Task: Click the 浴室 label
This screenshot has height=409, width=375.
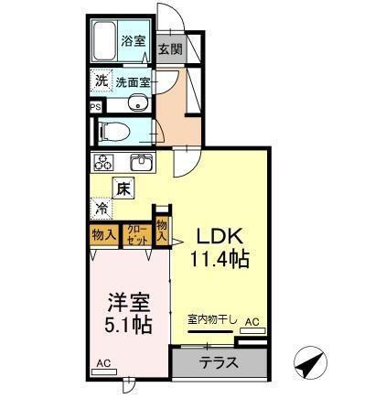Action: click(134, 40)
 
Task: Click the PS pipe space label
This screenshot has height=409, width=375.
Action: click(96, 107)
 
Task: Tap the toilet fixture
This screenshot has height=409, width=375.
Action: click(107, 129)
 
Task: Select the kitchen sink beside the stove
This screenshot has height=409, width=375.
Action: click(142, 163)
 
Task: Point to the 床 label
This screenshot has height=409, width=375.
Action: click(123, 188)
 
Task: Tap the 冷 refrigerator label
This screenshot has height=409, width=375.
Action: click(101, 208)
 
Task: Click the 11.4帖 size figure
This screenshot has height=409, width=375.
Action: click(220, 260)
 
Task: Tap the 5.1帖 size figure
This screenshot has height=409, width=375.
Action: click(127, 325)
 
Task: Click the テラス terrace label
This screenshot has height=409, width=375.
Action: click(220, 361)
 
